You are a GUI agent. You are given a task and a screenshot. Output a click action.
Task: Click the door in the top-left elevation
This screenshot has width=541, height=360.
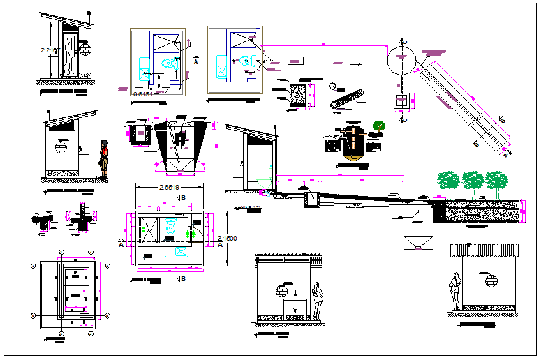coord(68,54)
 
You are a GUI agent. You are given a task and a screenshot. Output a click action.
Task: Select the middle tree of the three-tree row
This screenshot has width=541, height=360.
coord(473,181)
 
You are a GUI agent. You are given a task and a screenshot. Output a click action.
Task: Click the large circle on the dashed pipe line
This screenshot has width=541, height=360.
coord(401,57)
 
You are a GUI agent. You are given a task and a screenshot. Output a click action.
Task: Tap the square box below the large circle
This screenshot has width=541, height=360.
coord(401,100)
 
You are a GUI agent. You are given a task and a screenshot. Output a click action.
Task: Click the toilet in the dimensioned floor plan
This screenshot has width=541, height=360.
coord(169,225)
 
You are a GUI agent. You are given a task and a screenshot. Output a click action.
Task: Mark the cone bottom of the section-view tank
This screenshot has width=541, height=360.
coord(417,243)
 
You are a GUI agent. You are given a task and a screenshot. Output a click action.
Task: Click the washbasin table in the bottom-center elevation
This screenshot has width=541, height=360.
coord(295,306)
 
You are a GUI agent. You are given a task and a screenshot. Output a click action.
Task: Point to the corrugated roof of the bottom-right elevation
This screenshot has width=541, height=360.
coord(484,249)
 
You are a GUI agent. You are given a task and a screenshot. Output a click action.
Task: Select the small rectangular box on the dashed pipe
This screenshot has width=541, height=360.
coord(295,61)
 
